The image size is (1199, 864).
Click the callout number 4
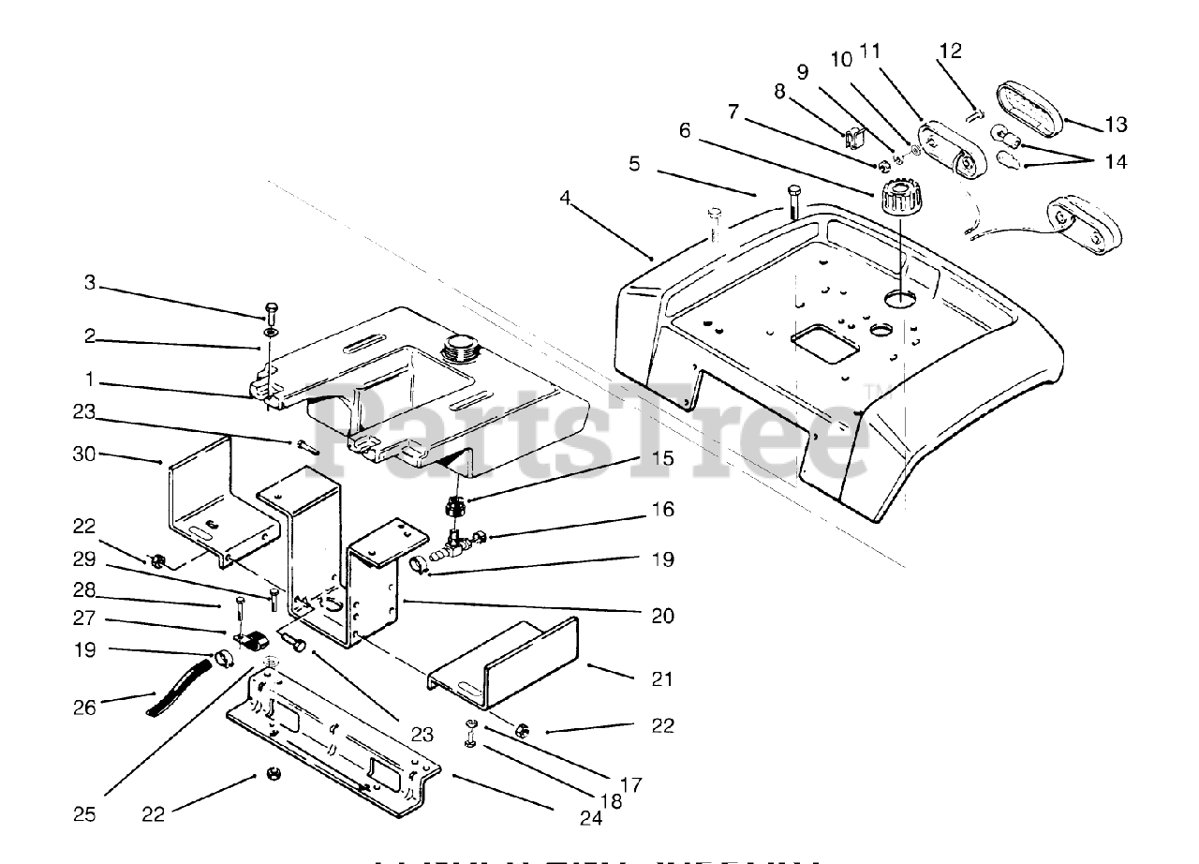coord(564,198)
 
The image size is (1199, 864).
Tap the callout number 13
coord(1115,125)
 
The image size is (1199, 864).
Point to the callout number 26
coord(84,708)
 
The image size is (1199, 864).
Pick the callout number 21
coord(661,678)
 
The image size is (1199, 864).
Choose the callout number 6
coord(685,131)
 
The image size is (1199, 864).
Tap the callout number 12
coord(950,51)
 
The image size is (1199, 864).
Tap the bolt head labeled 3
coord(271,308)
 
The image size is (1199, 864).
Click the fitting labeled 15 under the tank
coord(455,508)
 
